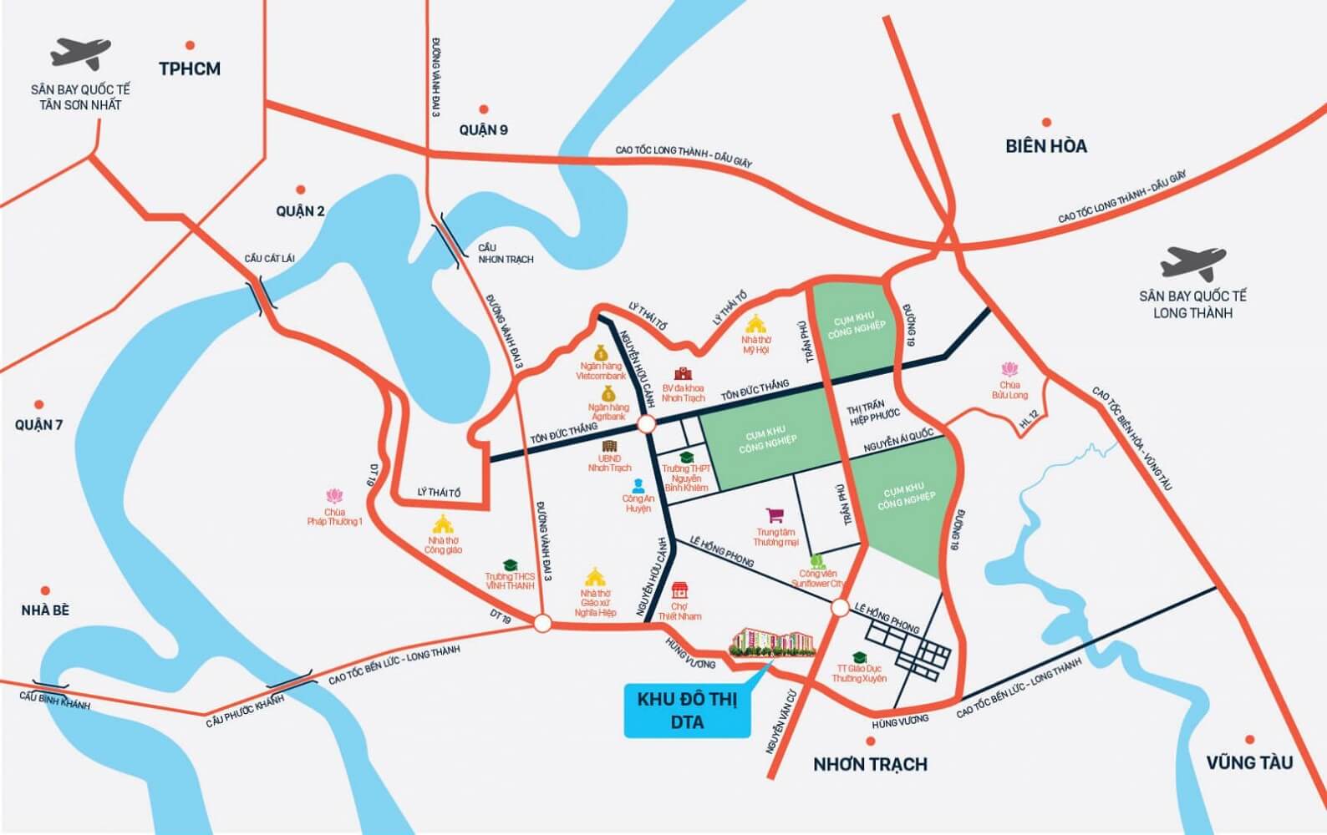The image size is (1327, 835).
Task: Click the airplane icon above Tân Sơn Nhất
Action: pos(80,53)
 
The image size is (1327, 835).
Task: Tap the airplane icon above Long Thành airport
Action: pos(1192,261)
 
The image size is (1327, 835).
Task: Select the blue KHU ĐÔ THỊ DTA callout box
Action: pos(688,711)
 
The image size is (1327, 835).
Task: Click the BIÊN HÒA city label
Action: pos(1046,146)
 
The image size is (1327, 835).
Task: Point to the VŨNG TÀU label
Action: pos(1249,762)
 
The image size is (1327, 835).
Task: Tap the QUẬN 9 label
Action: pos(483,129)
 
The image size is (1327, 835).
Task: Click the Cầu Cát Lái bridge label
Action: pos(270,258)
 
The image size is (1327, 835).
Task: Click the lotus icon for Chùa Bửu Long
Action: pos(1009,368)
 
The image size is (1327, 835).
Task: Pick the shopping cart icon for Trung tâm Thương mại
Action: pos(775,517)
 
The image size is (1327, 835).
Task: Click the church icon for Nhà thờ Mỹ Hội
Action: pos(756,322)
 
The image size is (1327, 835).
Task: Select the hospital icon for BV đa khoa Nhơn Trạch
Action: pos(684,373)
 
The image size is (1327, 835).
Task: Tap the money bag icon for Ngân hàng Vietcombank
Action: pos(601,353)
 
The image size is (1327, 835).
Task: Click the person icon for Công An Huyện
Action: pos(638,484)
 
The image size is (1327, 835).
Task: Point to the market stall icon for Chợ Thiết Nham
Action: pos(679,589)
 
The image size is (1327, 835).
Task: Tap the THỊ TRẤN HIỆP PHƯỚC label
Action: pos(872,410)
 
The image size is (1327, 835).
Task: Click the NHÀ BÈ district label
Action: pos(45,610)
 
